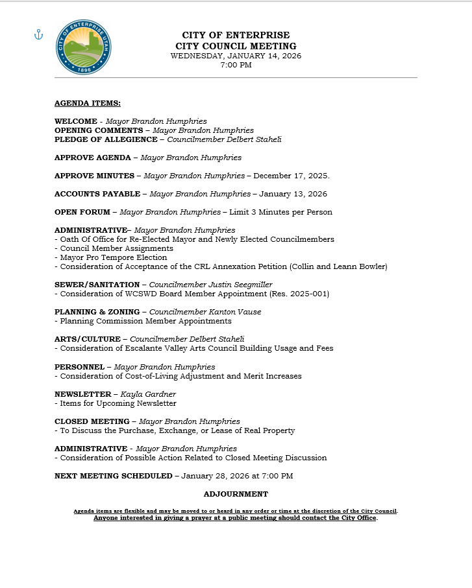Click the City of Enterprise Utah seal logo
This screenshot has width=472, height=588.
[83, 47]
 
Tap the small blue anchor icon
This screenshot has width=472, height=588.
[38, 34]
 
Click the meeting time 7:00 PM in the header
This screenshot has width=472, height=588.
[236, 65]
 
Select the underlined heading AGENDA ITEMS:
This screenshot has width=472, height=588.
[88, 103]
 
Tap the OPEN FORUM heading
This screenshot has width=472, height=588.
[81, 212]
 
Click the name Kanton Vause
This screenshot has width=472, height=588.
[234, 312]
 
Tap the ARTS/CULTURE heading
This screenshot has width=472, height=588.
[88, 339]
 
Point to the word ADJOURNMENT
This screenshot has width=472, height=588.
[236, 494]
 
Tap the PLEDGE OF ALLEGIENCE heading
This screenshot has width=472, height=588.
[106, 139]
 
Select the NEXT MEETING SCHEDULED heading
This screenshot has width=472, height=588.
[113, 476]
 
